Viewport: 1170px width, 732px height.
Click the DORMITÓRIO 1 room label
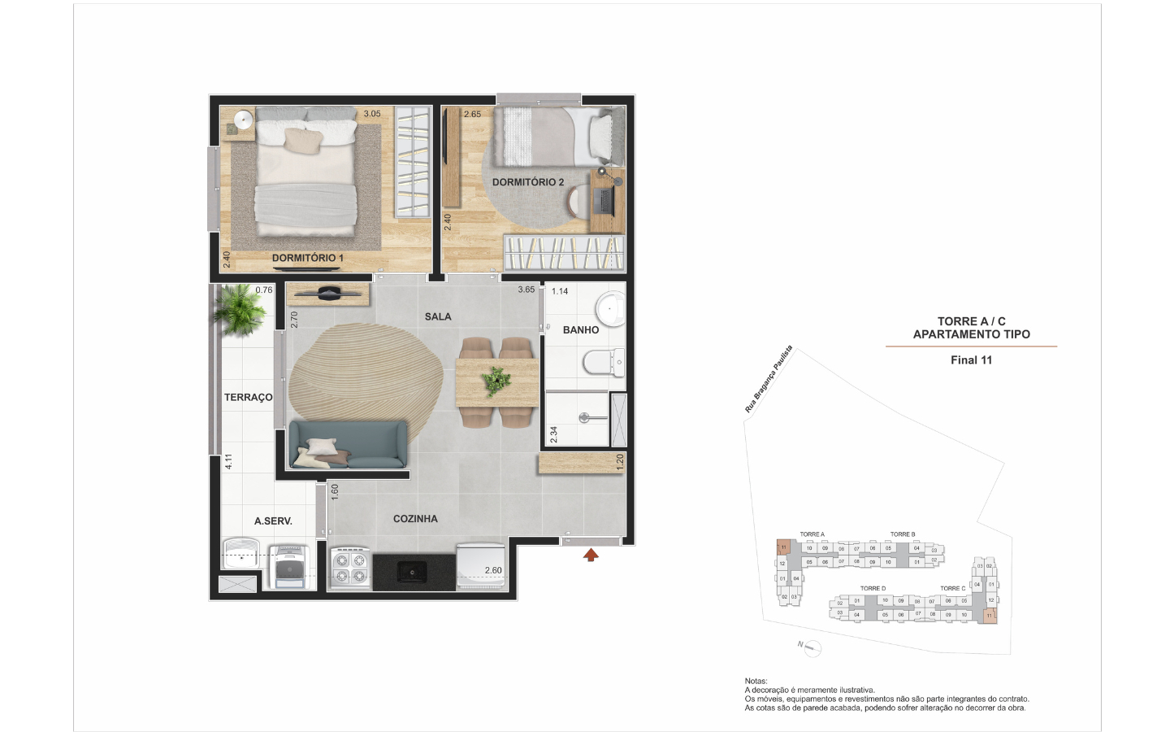[307, 258]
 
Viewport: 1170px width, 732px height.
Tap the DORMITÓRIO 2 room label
[527, 182]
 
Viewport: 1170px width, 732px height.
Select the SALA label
[437, 316]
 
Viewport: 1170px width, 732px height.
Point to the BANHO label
[580, 329]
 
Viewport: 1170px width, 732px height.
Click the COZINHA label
[415, 519]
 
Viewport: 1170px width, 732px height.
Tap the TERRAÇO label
[248, 398]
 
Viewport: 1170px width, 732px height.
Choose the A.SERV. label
[273, 521]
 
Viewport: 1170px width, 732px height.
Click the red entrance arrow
[591, 556]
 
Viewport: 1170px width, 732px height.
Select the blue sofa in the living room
[348, 445]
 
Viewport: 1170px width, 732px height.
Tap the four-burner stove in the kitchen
[350, 568]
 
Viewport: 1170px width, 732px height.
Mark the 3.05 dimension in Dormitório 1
[371, 114]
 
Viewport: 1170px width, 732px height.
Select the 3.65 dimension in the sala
[526, 290]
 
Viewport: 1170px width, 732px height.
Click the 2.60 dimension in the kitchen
[493, 570]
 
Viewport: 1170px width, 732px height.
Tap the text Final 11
[971, 360]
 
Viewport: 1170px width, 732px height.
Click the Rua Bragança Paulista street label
[768, 380]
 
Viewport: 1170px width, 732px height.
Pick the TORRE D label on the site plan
[873, 588]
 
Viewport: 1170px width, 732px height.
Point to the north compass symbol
[811, 647]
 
